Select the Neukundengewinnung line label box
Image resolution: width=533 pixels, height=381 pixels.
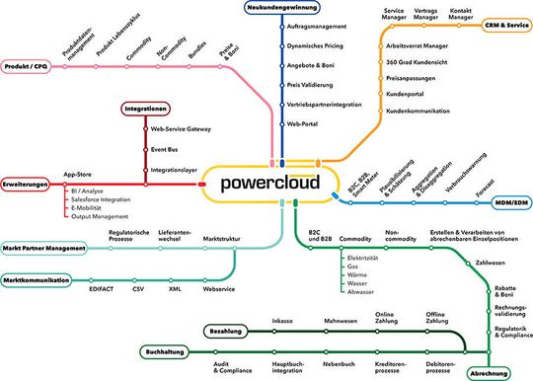coord(281,8)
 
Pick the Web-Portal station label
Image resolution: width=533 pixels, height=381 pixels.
coord(303,124)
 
